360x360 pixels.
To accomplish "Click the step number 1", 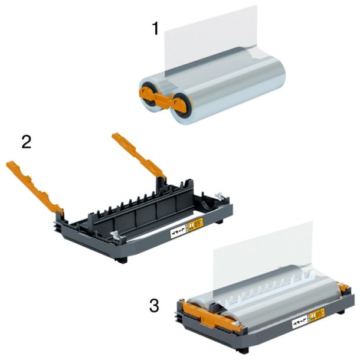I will click(x=156, y=27).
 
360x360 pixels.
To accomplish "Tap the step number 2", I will click(x=27, y=142).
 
